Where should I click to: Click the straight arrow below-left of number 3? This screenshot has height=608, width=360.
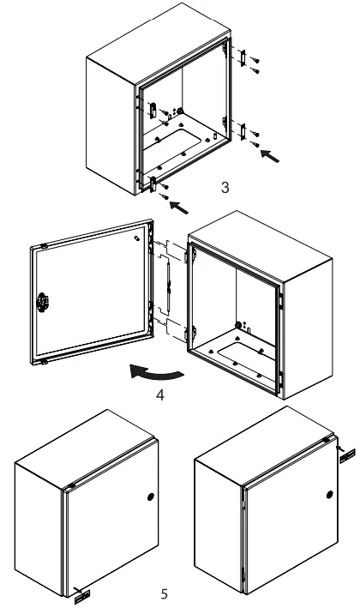(181, 206)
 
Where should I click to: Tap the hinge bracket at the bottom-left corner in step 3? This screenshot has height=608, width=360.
(153, 182)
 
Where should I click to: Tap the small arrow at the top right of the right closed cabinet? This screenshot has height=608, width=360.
(346, 454)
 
